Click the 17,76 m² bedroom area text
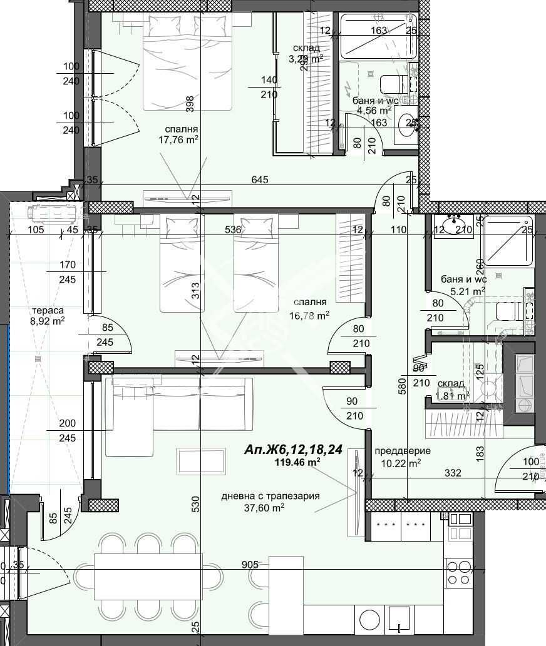click(178, 140)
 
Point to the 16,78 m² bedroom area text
click(309, 316)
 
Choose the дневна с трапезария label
click(270, 496)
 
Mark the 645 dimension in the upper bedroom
click(260, 180)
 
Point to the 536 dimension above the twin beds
click(233, 230)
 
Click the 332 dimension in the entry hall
click(452, 473)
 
